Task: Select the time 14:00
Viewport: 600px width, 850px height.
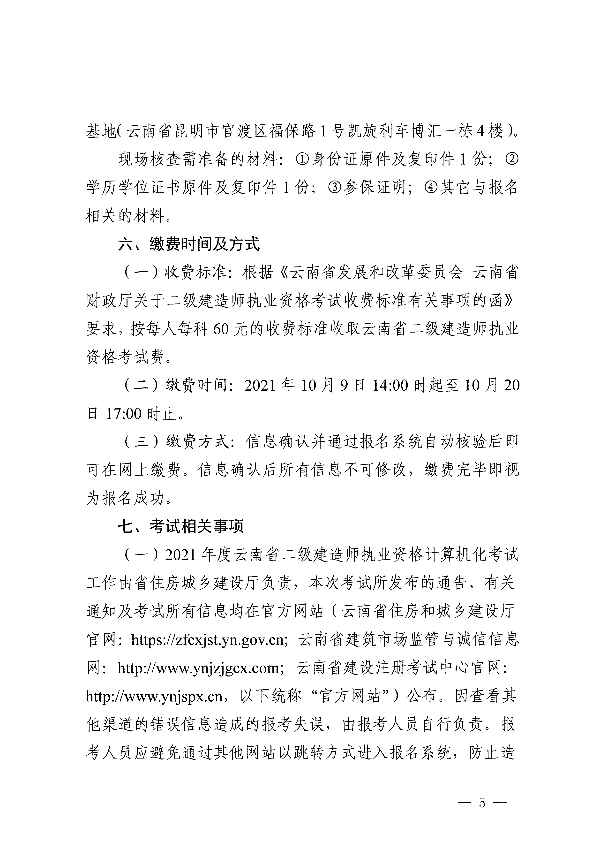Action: pyautogui.click(x=390, y=386)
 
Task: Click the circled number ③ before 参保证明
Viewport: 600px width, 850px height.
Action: pyautogui.click(x=334, y=188)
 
